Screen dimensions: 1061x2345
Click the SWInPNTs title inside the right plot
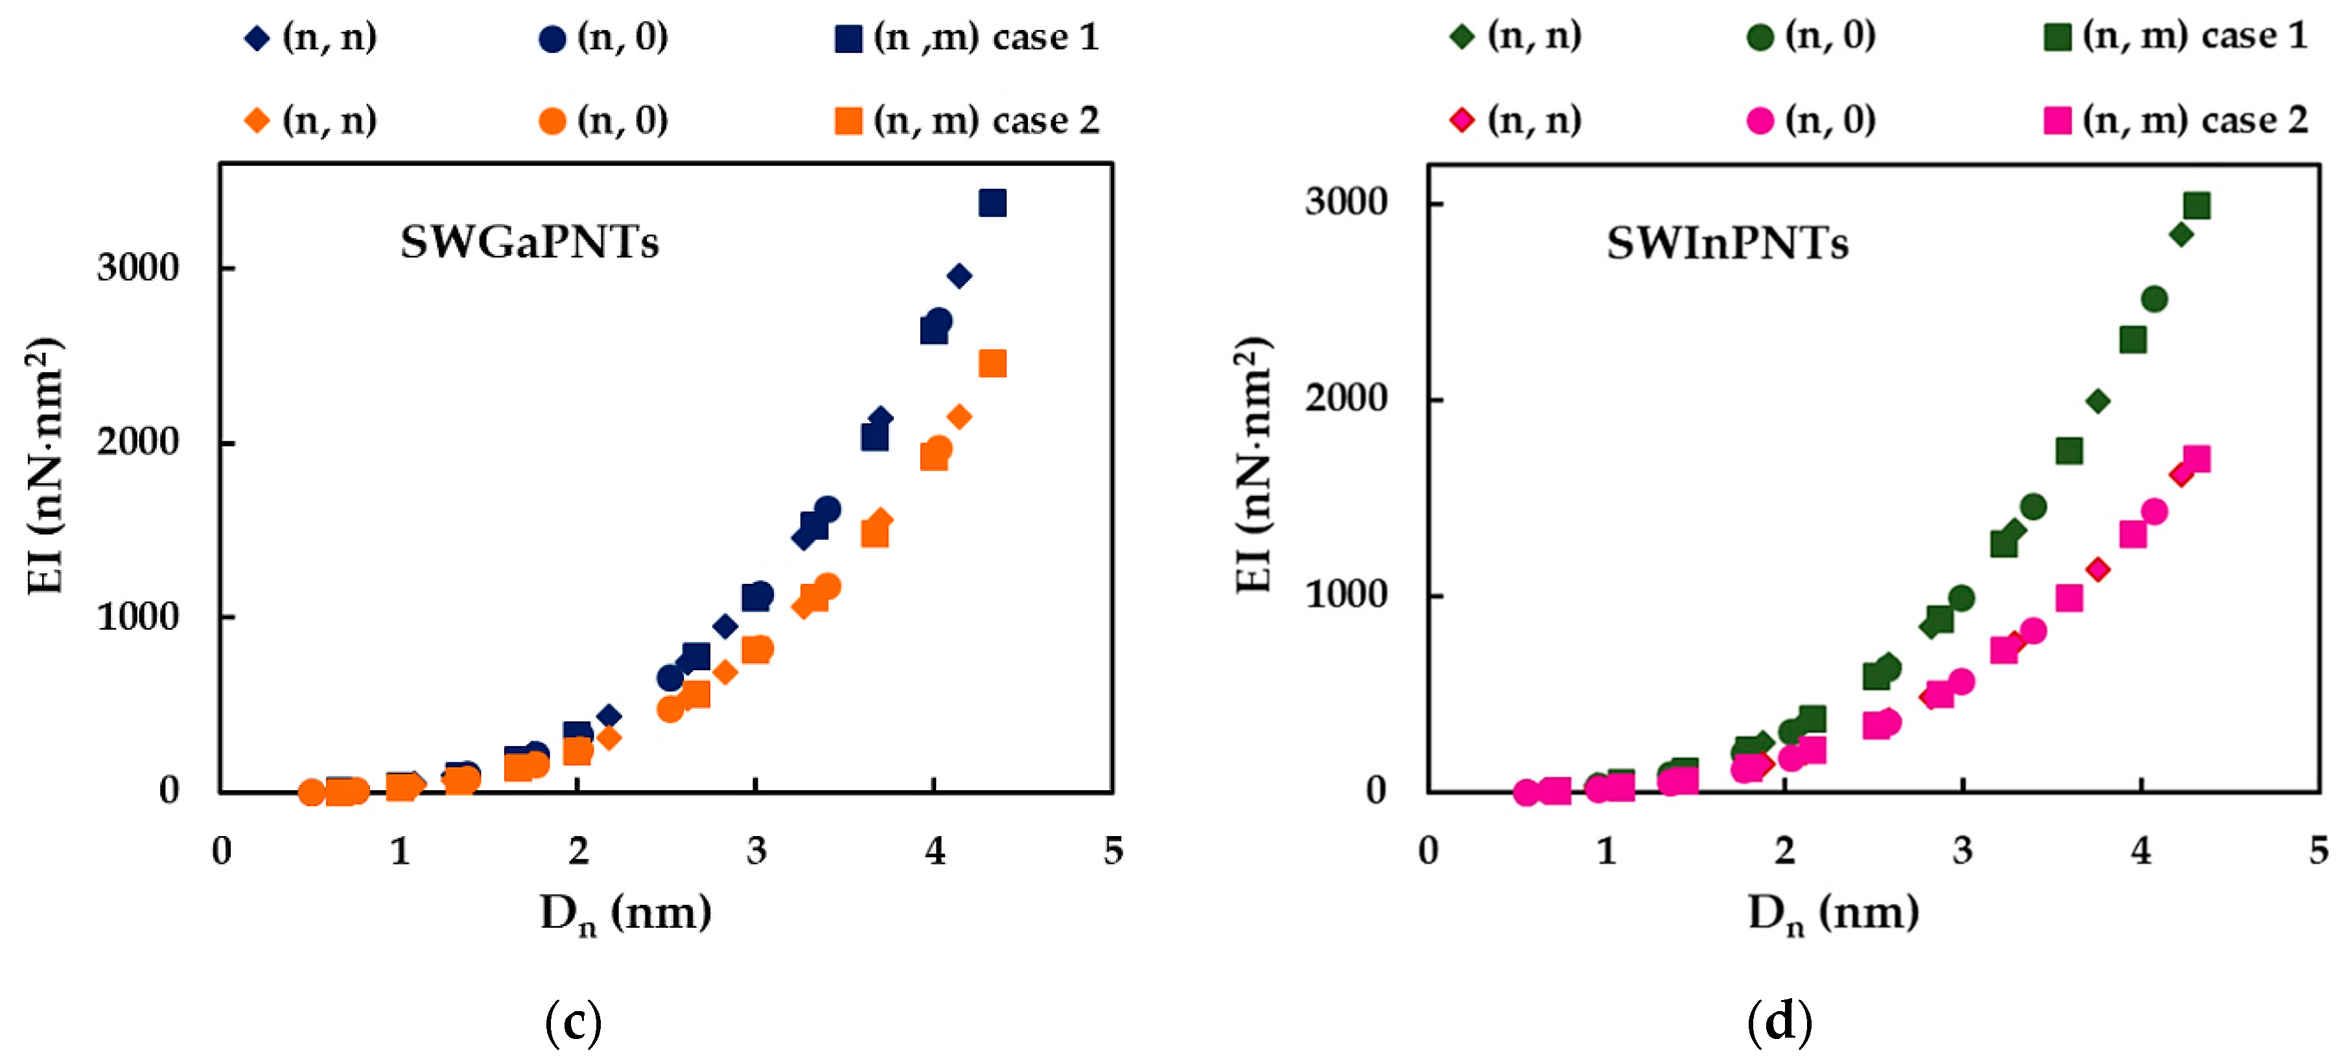1727,244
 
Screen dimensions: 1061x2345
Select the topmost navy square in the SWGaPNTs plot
992,203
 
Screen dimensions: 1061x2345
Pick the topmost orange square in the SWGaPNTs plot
992,363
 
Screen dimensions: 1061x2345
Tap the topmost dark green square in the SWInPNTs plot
2197,205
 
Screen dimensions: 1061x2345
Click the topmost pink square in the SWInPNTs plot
2197,459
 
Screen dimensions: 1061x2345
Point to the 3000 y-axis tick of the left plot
138,268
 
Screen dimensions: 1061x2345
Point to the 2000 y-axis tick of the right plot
1346,399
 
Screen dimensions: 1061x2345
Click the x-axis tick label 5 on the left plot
1112,851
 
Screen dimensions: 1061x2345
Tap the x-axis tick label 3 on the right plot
1963,851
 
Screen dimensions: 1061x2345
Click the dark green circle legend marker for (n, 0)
1760,38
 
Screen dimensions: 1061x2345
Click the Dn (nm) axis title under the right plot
1832,913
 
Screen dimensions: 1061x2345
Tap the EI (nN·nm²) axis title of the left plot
45,466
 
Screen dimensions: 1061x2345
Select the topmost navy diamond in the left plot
959,275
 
